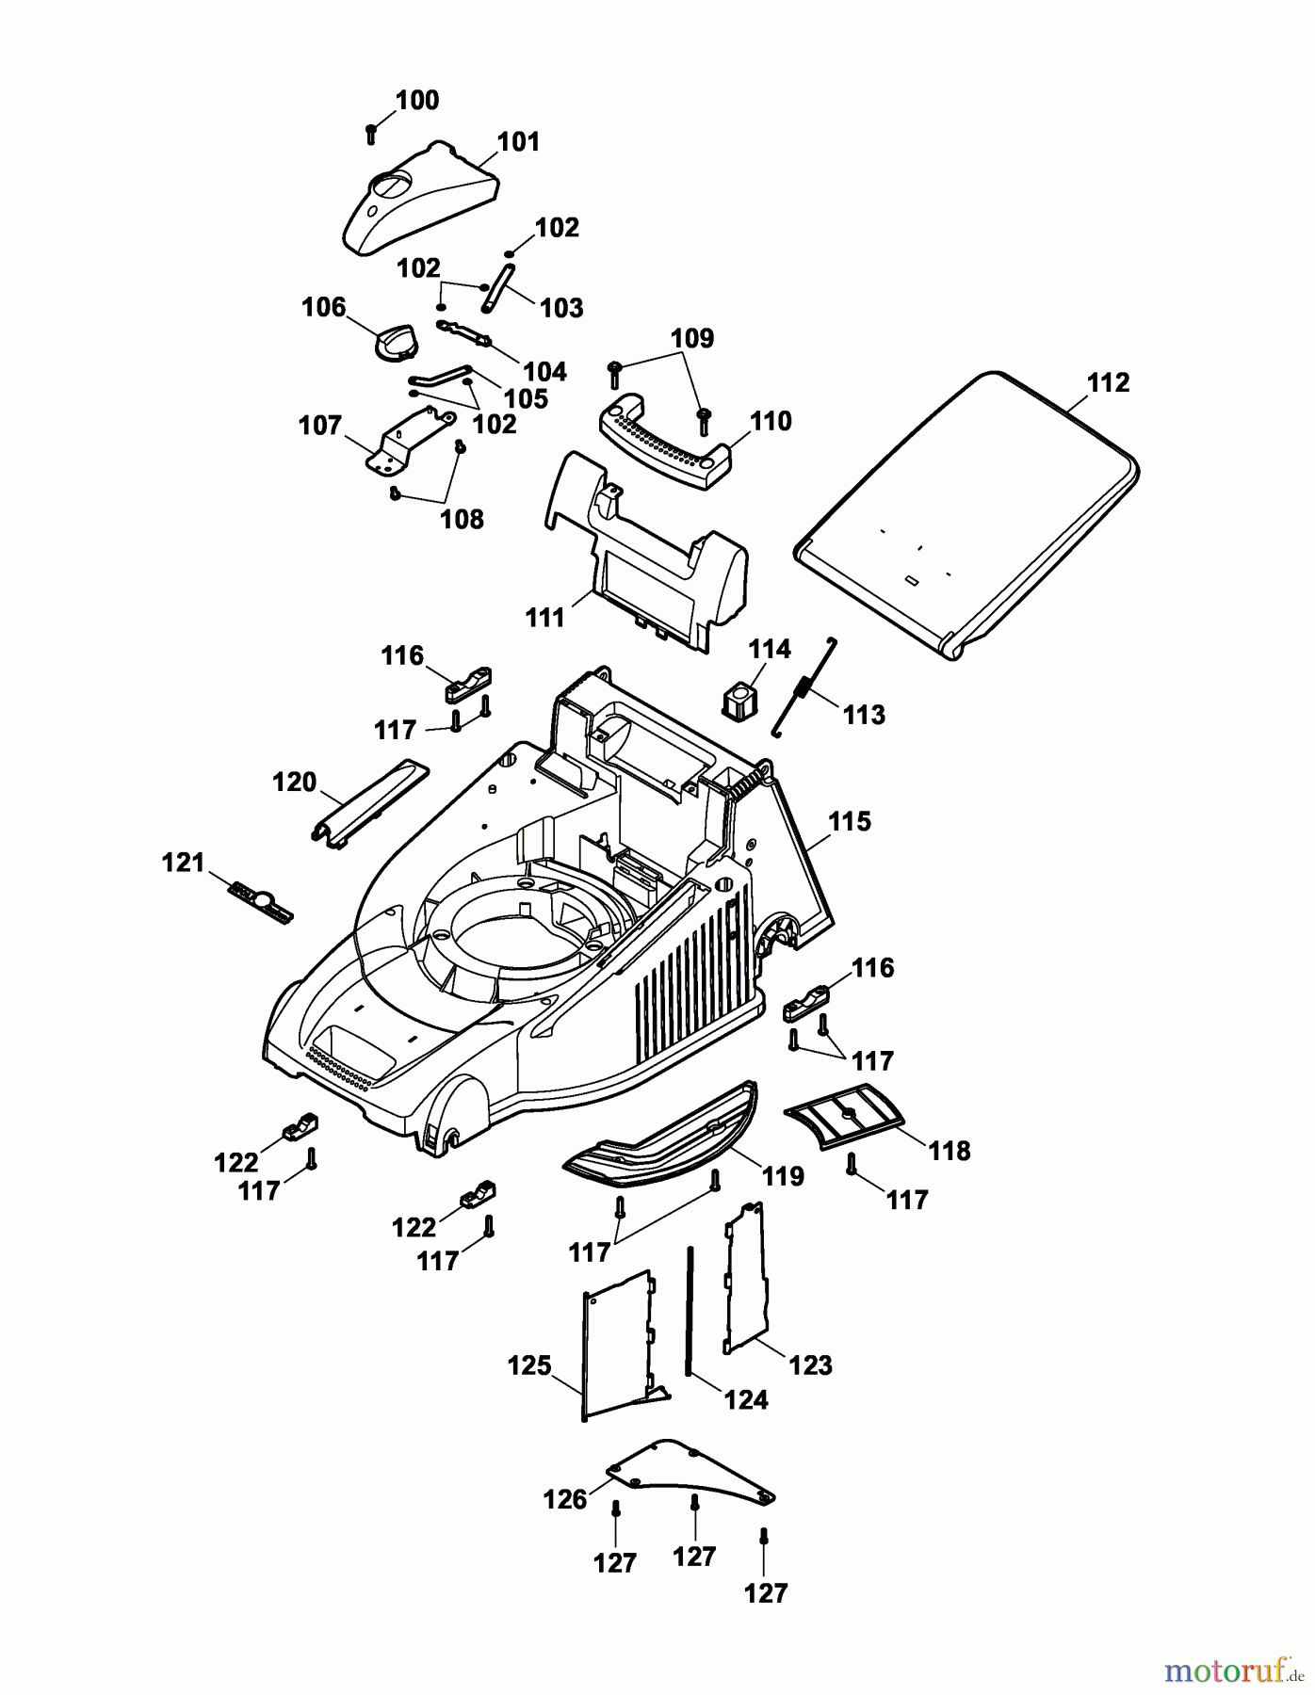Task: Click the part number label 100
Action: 416,101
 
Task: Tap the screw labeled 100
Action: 371,133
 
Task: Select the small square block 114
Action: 741,699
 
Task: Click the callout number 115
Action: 849,822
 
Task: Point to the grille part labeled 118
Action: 844,1115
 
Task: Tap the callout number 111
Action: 545,618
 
